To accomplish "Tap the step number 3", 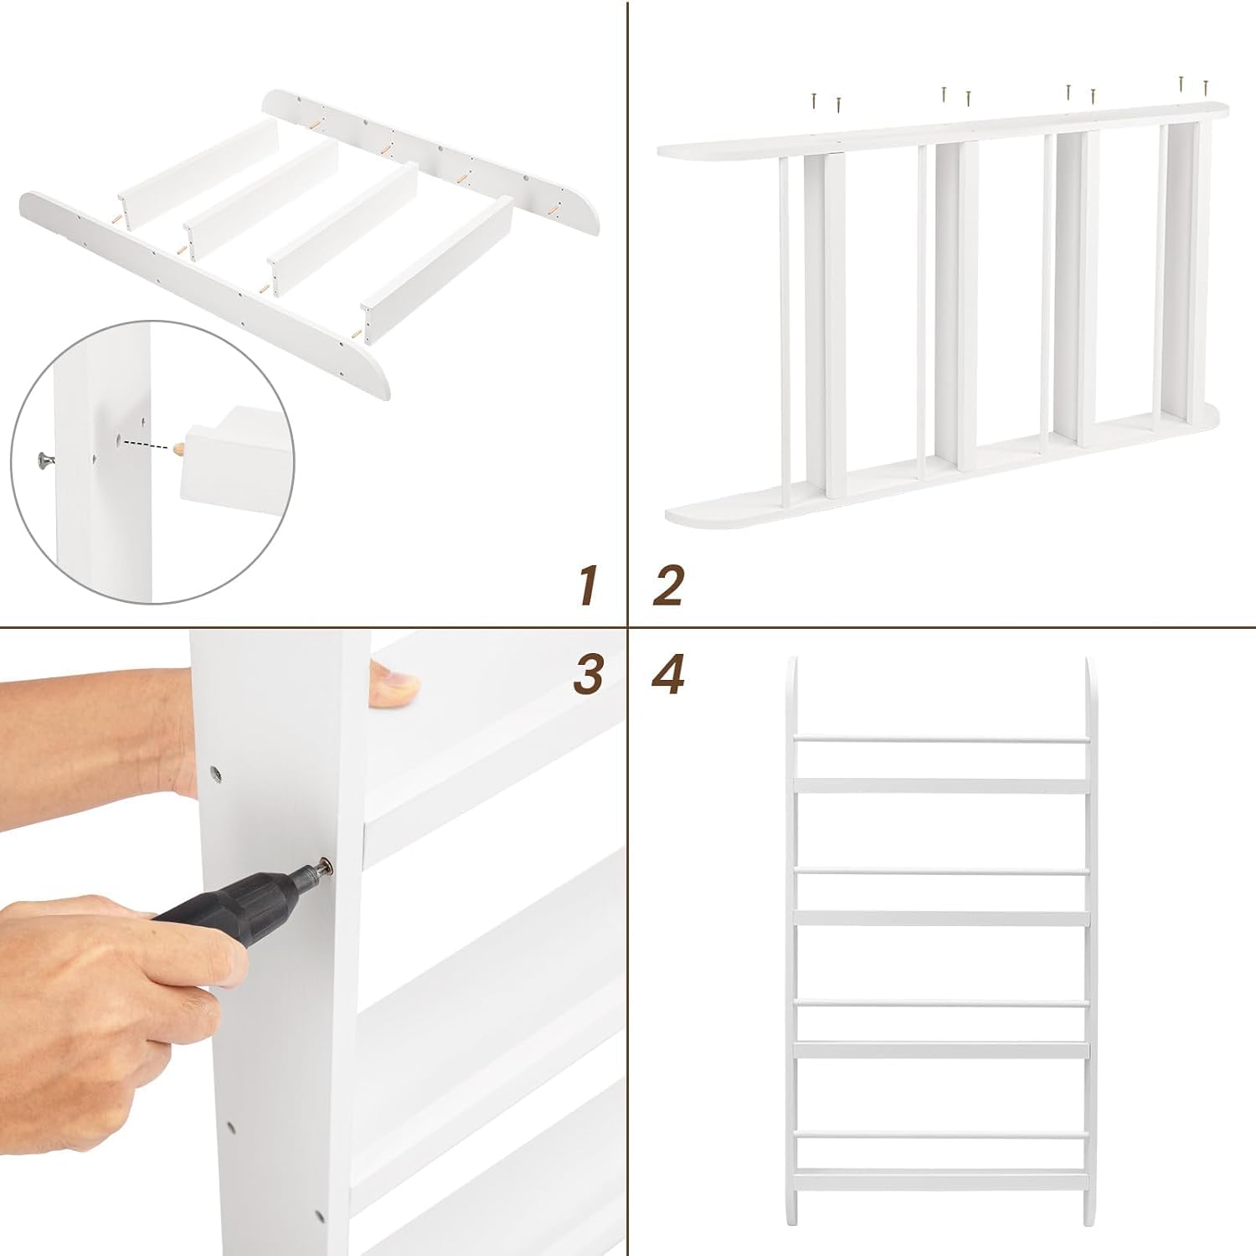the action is (x=589, y=675).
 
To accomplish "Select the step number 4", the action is (x=668, y=675).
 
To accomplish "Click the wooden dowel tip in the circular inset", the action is (x=178, y=449).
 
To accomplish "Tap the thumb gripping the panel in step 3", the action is (x=394, y=686).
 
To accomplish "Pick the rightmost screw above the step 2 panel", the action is (x=1206, y=85).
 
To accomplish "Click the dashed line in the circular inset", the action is (x=147, y=443).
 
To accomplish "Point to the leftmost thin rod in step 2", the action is (x=785, y=332).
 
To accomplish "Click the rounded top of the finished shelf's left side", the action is (x=792, y=670).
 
